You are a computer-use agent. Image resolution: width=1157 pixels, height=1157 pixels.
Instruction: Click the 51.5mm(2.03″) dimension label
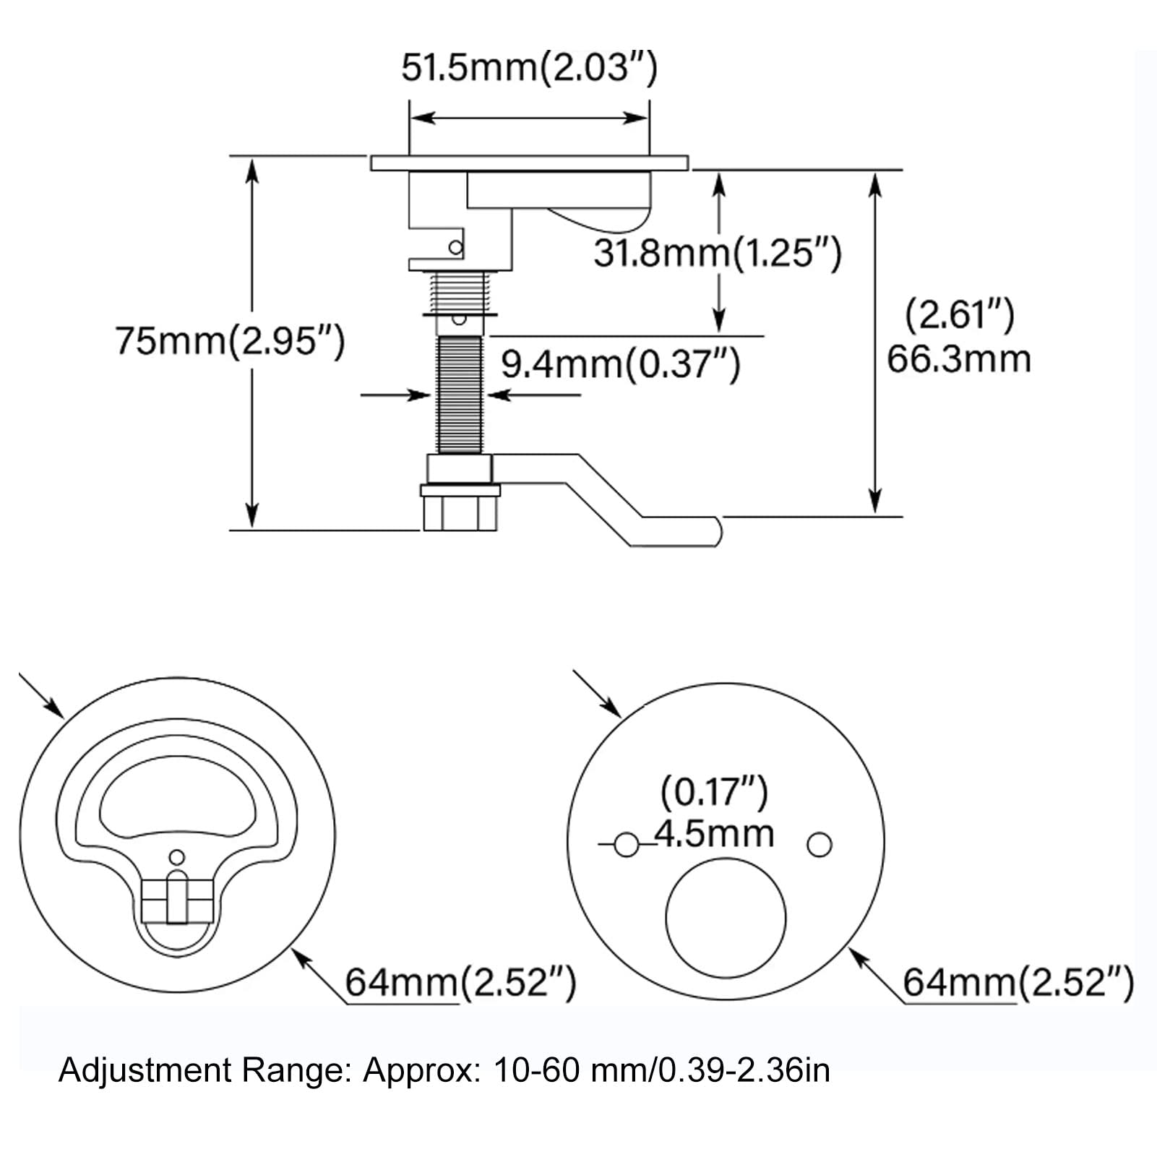coord(529,69)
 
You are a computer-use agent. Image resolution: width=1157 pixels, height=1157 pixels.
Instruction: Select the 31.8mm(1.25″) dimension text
coord(717,253)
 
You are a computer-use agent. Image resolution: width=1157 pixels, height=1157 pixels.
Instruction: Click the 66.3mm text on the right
coord(958,359)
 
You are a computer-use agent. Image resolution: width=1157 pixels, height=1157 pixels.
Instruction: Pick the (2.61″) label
coord(960,315)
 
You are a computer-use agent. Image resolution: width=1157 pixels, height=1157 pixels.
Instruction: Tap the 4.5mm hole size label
coord(714,833)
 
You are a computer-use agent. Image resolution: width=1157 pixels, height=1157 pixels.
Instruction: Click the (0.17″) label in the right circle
coord(714,792)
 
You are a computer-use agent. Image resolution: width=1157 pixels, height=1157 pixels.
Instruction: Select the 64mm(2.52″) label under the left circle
coord(460,982)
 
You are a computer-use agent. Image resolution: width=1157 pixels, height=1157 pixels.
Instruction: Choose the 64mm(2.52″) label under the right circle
coord(1018,982)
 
